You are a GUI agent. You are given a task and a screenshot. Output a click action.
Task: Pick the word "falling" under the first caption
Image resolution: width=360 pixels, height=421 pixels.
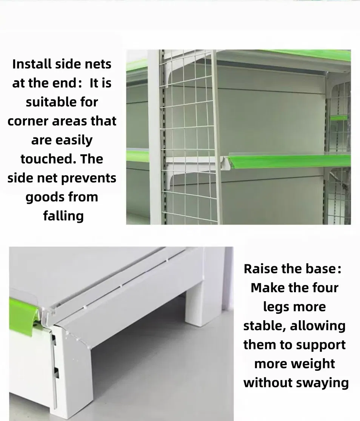63,216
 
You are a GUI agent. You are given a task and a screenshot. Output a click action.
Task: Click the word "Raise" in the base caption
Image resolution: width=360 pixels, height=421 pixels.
260,269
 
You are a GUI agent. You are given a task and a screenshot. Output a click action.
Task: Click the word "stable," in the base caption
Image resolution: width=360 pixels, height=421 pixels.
265,326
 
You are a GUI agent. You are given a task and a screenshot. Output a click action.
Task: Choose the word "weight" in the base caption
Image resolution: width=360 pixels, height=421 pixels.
313,364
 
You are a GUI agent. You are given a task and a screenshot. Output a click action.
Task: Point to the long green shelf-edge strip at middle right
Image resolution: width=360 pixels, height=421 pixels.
290,160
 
